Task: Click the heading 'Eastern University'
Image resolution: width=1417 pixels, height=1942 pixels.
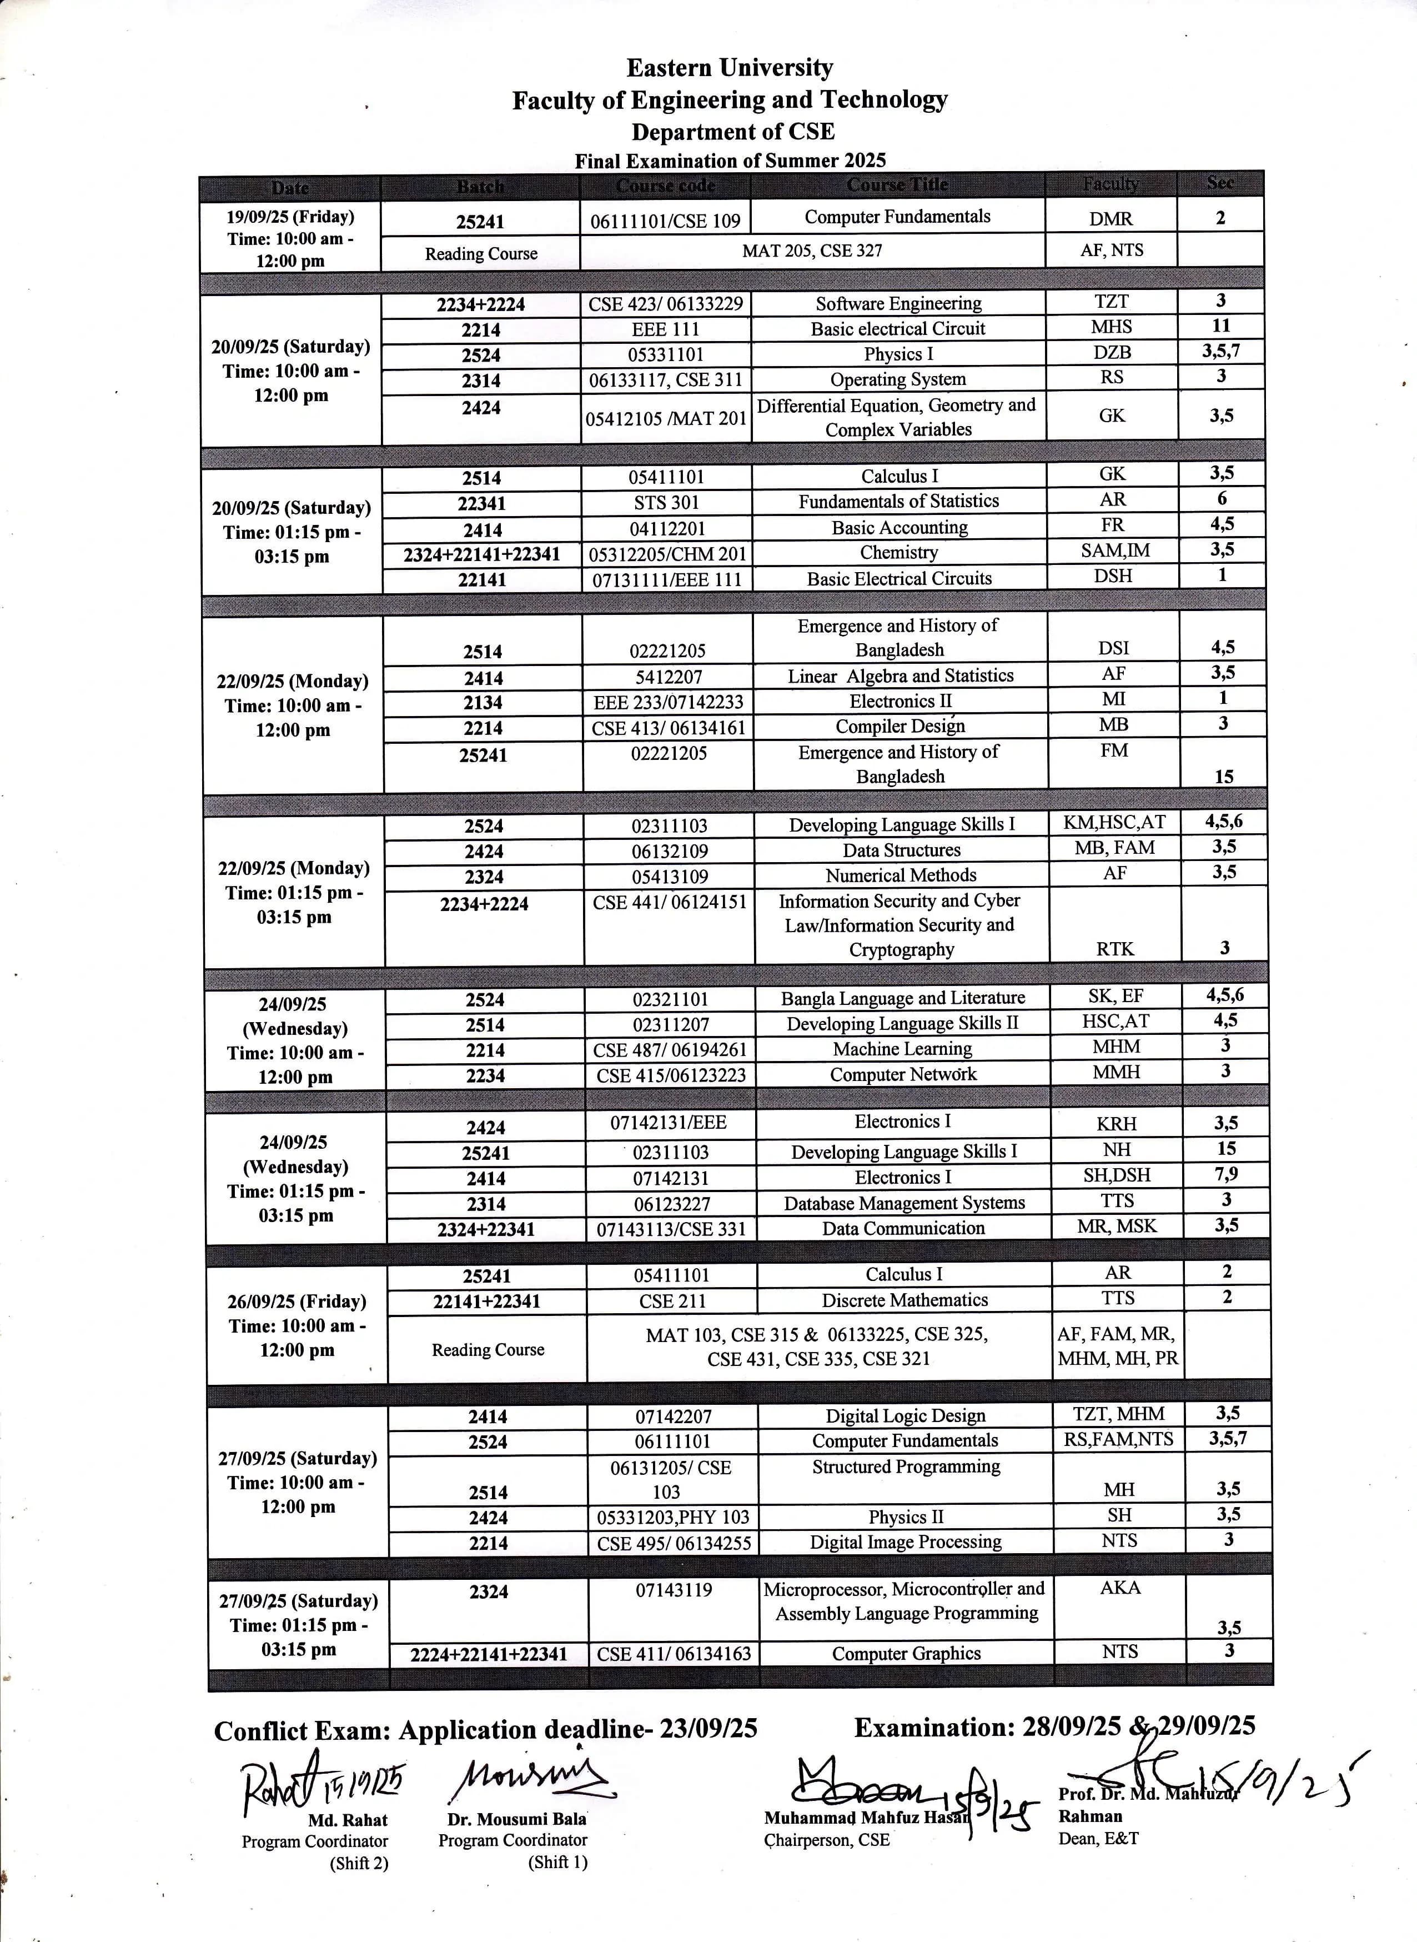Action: [x=729, y=68]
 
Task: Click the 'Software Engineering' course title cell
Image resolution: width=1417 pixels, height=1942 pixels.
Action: [x=898, y=303]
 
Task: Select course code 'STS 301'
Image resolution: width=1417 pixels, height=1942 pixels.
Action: [x=666, y=502]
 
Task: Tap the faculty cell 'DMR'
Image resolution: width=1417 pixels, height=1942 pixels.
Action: [x=1111, y=219]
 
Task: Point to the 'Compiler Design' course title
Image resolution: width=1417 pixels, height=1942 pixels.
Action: [x=900, y=726]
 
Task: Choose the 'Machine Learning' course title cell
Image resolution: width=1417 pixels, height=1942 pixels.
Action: [x=902, y=1049]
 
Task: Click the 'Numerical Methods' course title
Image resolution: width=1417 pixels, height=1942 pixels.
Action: [x=901, y=875]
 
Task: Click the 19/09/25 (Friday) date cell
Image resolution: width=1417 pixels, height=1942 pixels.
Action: [x=290, y=238]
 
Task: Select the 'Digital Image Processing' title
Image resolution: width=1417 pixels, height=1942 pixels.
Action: [x=905, y=1542]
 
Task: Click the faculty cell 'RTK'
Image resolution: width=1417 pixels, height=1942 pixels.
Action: [x=1114, y=948]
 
